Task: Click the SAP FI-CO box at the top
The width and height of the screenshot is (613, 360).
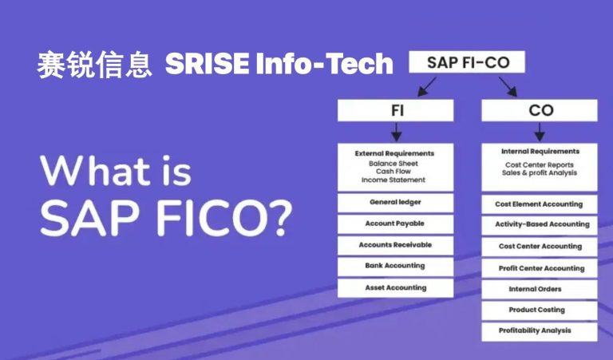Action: [x=467, y=61]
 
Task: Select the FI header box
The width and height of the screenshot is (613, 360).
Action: [x=396, y=110]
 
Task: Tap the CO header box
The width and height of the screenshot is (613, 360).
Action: [x=540, y=110]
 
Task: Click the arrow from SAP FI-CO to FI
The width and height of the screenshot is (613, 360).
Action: [x=426, y=86]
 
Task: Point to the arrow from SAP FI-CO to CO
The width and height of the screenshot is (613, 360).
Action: [x=508, y=86]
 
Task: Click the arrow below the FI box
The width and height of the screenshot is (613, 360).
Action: [x=396, y=133]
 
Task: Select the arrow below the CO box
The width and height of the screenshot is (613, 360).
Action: [x=540, y=133]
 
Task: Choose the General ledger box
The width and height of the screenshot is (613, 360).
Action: [x=396, y=203]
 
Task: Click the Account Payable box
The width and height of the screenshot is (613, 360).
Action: [x=396, y=224]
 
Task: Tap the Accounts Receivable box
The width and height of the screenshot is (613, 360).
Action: [x=396, y=246]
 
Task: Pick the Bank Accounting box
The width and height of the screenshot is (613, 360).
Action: [x=396, y=267]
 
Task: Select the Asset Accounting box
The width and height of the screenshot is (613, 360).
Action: [x=396, y=288]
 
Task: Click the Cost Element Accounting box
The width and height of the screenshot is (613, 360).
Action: [x=540, y=204]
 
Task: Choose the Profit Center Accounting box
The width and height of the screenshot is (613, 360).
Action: [x=540, y=268]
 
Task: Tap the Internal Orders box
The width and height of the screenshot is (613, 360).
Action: [x=540, y=290]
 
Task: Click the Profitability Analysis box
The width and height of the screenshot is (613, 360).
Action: [x=540, y=331]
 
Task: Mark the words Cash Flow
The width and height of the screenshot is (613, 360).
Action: [x=394, y=172]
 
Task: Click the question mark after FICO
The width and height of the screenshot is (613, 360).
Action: [x=280, y=218]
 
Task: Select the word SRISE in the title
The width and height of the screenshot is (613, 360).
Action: [x=208, y=64]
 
